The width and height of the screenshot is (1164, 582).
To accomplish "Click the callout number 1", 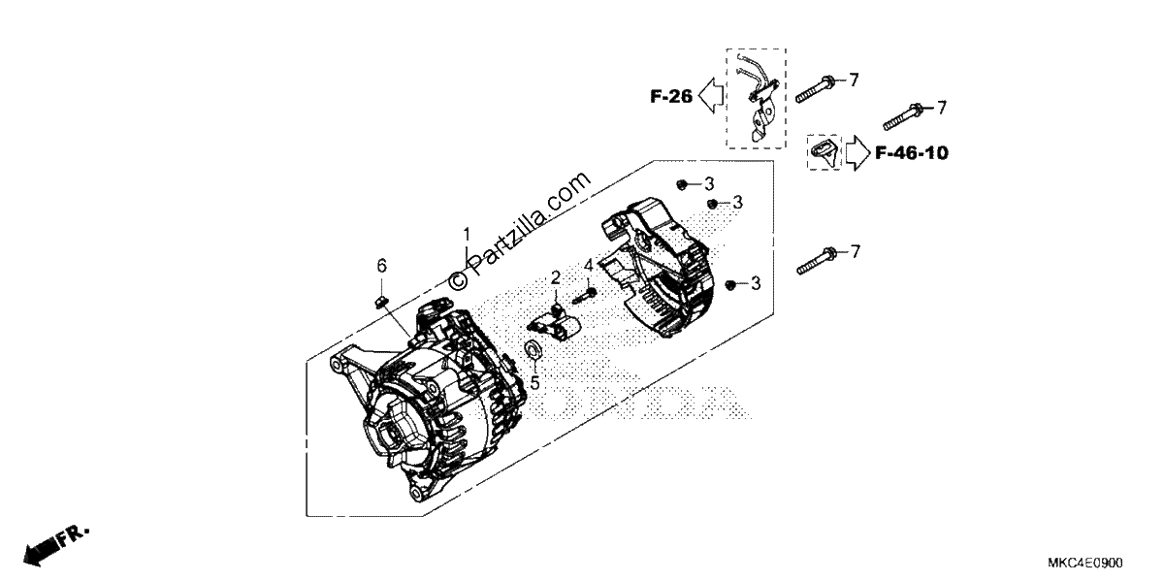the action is [x=467, y=235].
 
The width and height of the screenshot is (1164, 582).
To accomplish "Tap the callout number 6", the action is [x=382, y=266].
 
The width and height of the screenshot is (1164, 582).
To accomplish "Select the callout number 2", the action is [x=556, y=278].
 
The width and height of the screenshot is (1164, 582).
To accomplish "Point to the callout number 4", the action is [x=588, y=266].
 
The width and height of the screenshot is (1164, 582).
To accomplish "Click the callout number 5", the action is [x=535, y=383].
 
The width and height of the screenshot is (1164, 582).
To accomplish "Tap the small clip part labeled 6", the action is [x=381, y=302].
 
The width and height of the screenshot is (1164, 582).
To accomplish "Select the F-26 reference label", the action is [x=671, y=96].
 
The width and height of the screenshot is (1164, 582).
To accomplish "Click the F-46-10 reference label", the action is [x=912, y=153].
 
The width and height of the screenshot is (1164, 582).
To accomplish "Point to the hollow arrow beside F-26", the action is [x=710, y=96].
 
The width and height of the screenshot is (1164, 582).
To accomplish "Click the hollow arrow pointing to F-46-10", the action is [x=857, y=153].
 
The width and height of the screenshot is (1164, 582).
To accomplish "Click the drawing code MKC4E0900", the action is [x=1085, y=564].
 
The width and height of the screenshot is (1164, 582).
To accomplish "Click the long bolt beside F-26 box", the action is [x=816, y=89].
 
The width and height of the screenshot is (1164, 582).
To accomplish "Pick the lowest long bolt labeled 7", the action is [x=817, y=260].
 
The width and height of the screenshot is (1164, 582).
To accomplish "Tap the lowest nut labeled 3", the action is [x=730, y=284].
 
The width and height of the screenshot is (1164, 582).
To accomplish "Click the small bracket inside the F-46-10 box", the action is [x=824, y=153].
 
